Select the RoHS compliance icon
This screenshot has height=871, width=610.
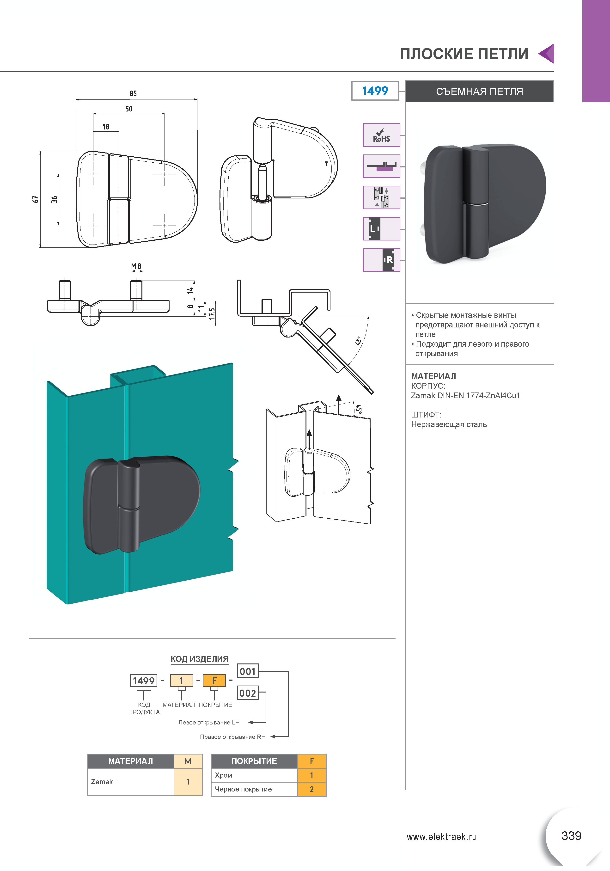pos(381,135)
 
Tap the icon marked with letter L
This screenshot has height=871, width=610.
pos(381,229)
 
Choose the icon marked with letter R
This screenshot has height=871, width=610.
pos(381,260)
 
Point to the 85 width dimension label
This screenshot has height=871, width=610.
pos(133,93)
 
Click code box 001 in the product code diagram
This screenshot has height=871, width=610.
pos(248,671)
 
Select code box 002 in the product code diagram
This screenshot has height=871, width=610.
pos(248,693)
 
